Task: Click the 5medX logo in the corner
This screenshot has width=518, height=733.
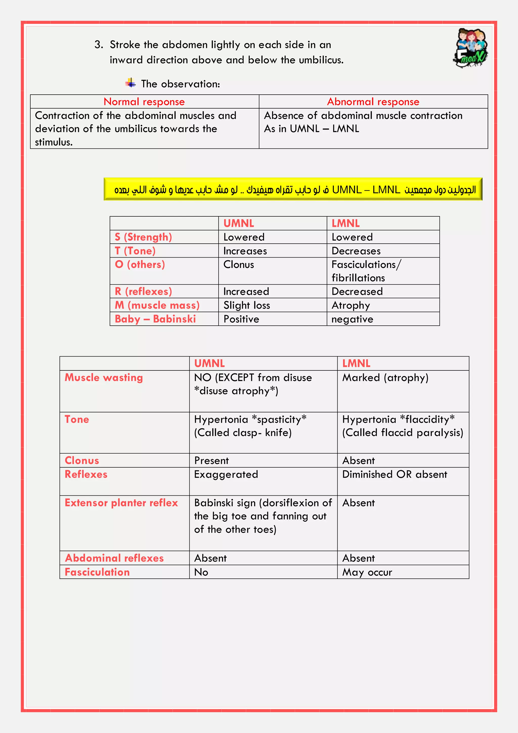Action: (470, 48)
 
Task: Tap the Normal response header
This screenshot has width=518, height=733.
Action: (144, 101)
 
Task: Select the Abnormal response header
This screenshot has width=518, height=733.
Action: (373, 101)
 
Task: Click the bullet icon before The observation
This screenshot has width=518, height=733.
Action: (130, 83)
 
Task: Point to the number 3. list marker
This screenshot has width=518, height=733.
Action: (99, 45)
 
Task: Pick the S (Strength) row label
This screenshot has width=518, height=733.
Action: (143, 237)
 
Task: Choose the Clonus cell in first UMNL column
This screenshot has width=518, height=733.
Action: (239, 264)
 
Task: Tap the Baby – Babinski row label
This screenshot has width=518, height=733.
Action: (155, 319)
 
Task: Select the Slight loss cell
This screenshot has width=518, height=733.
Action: (247, 305)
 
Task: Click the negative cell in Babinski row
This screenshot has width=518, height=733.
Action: (352, 319)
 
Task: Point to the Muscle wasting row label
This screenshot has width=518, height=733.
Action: (104, 377)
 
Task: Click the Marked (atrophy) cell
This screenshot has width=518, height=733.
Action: (385, 377)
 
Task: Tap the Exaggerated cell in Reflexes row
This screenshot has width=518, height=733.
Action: (226, 474)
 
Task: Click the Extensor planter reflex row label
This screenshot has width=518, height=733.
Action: (121, 503)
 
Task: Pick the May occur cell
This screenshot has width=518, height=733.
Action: (367, 572)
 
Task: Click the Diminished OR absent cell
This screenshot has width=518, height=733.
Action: (395, 474)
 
